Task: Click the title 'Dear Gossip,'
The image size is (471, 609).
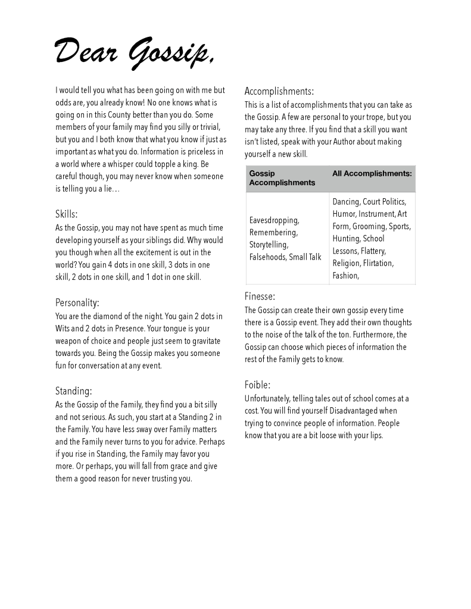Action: (x=135, y=52)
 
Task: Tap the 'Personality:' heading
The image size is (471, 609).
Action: (x=77, y=302)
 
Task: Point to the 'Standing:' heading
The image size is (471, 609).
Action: (x=73, y=391)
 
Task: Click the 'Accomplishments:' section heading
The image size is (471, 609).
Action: (x=279, y=91)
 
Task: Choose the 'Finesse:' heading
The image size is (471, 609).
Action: (x=260, y=296)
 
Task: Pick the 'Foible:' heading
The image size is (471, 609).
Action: (x=257, y=385)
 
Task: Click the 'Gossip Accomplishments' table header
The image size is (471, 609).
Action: (x=282, y=178)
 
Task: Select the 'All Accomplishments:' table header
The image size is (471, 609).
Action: (x=372, y=174)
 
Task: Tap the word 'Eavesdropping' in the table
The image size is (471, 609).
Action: (x=274, y=220)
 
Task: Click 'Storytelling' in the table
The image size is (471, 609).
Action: (x=269, y=245)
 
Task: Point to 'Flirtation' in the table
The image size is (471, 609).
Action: (x=378, y=263)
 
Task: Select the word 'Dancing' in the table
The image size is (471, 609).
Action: (x=345, y=202)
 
